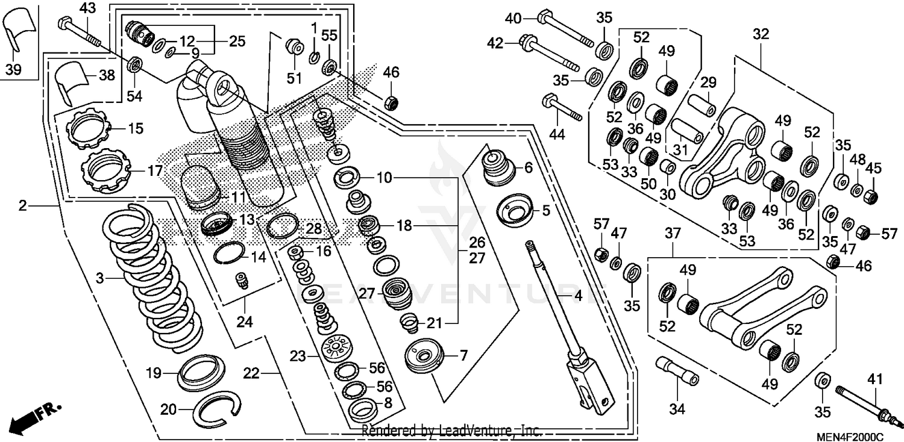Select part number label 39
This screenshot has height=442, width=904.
click(x=13, y=70)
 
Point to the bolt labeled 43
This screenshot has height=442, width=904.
click(x=81, y=31)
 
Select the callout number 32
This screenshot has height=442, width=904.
click(x=761, y=34)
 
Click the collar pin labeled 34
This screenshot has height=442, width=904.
click(x=678, y=371)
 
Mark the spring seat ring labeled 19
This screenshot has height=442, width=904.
click(x=201, y=369)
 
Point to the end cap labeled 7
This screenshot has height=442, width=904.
click(x=425, y=356)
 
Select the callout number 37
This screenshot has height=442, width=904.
click(x=673, y=232)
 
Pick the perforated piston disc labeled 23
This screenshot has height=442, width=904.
click(x=337, y=349)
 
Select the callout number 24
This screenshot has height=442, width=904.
click(x=243, y=322)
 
